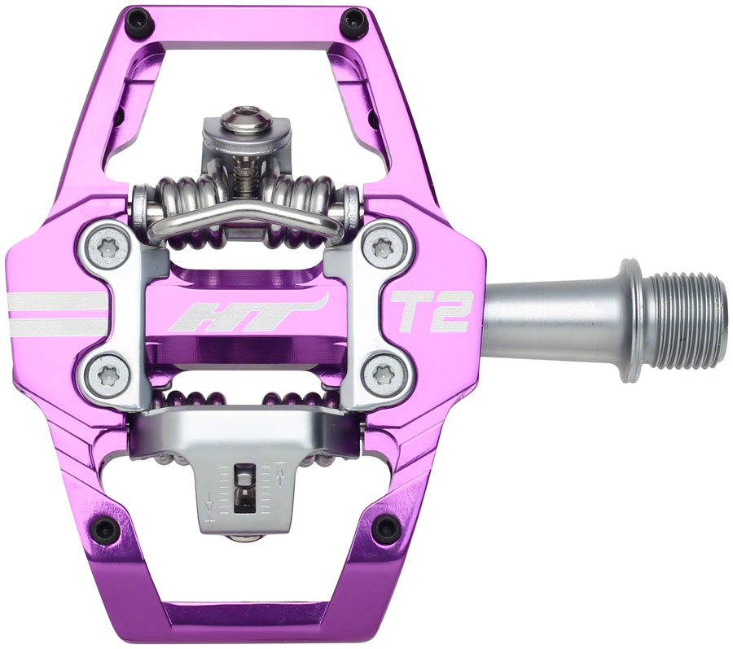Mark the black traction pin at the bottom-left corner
(104, 529)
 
